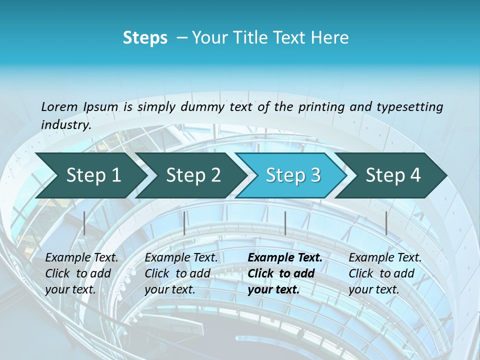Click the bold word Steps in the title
coord(145,38)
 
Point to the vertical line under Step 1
coord(84,223)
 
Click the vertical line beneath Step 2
coord(184,223)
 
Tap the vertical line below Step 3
coord(285,223)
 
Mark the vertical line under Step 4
coord(386,223)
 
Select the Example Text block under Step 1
coord(81,273)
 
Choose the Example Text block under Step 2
coord(181,273)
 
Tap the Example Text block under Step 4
coord(385,273)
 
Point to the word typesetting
coord(409,107)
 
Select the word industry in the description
coord(65,125)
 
